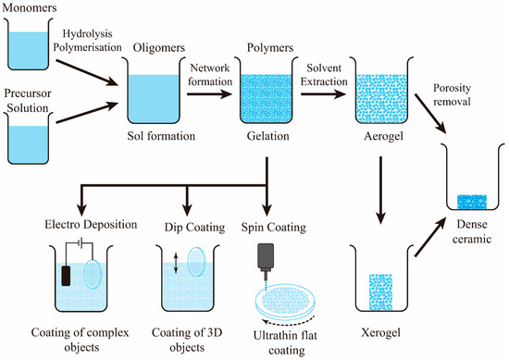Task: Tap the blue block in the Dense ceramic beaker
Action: pyautogui.click(x=472, y=201)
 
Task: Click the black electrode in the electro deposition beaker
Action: pyautogui.click(x=68, y=276)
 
